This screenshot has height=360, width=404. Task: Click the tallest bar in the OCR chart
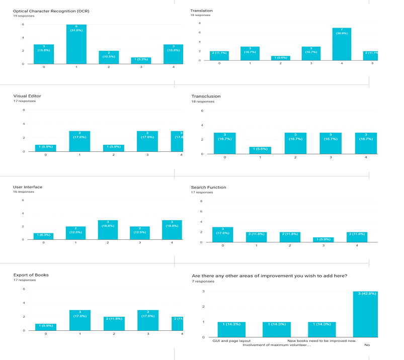[76, 44]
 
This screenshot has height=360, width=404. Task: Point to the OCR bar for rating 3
[141, 60]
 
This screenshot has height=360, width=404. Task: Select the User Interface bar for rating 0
[44, 236]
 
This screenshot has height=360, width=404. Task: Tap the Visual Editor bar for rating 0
[45, 148]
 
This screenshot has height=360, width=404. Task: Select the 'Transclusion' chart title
[206, 96]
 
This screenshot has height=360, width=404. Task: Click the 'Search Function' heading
[208, 187]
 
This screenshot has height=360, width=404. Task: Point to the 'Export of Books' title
[31, 275]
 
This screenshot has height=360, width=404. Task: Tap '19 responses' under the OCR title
[25, 16]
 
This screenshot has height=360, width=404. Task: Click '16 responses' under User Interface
[24, 192]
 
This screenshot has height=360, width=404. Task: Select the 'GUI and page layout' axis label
[232, 340]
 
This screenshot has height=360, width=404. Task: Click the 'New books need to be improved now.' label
[322, 340]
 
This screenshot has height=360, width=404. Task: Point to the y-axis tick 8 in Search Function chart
[201, 202]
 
